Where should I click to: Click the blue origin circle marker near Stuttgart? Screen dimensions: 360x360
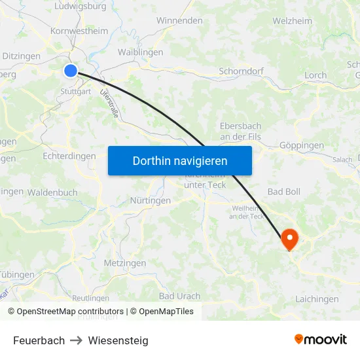click(x=71, y=71)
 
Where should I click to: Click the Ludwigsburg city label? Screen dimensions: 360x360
click(x=81, y=7)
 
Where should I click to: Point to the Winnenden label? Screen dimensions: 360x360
click(x=179, y=20)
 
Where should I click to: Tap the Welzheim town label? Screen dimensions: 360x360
click(x=292, y=20)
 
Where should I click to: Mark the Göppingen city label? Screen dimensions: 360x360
click(x=301, y=145)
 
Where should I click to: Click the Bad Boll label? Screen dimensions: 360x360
click(x=284, y=192)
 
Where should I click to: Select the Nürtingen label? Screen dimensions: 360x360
click(x=151, y=200)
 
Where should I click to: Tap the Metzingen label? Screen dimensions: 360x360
click(x=125, y=262)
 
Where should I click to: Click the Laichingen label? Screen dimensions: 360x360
click(x=317, y=299)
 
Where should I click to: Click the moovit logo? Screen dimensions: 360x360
click(x=321, y=340)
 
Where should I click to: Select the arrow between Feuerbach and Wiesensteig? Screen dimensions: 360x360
click(x=77, y=340)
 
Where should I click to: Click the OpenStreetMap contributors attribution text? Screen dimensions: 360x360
click(x=70, y=312)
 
